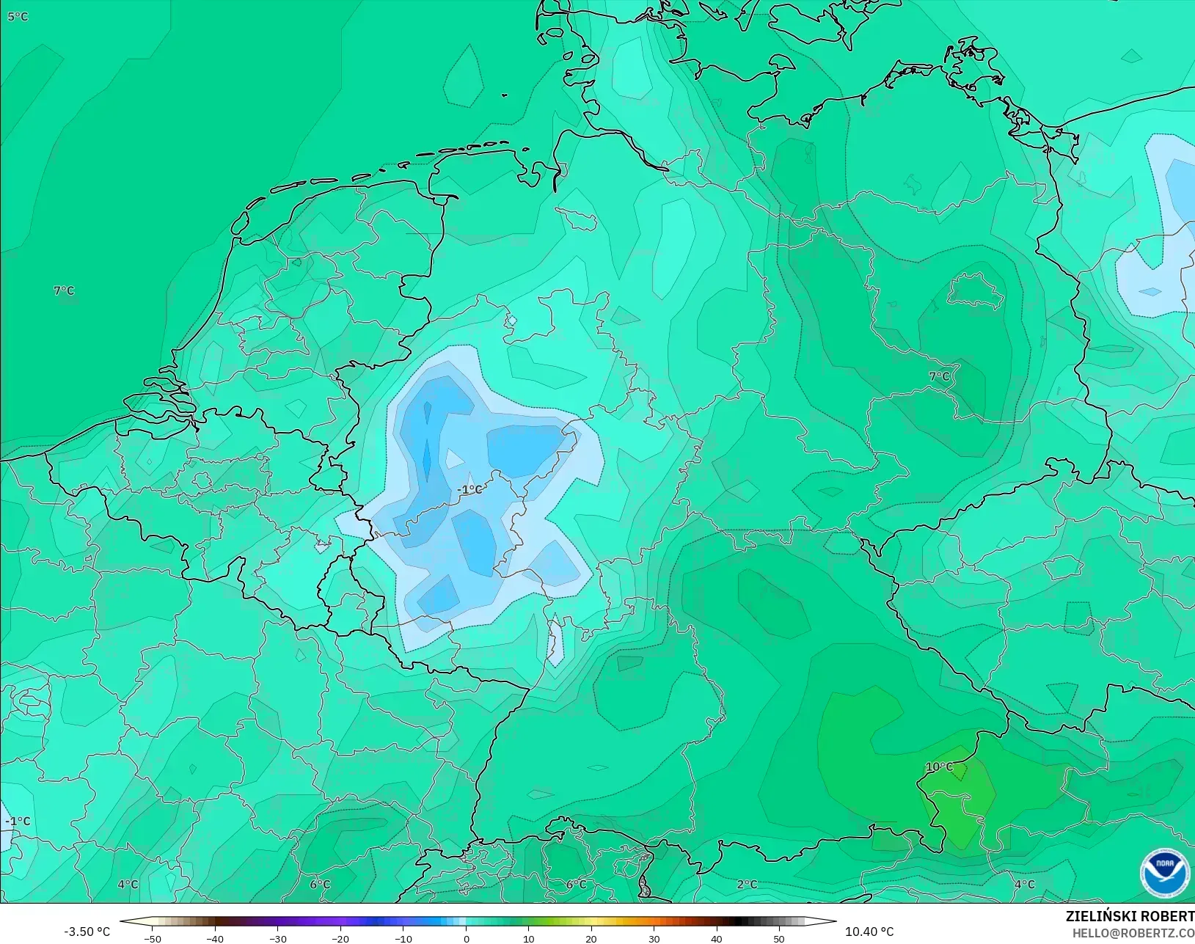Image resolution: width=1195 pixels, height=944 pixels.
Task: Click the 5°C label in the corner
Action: click(18, 16)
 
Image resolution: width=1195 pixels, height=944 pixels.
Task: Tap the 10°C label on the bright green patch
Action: click(939, 766)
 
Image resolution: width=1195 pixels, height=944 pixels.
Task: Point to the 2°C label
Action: click(747, 884)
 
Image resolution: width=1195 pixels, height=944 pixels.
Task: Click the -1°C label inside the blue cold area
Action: click(469, 489)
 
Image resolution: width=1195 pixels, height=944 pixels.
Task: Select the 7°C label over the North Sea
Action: click(64, 290)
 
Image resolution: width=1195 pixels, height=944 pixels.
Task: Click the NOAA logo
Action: click(1164, 872)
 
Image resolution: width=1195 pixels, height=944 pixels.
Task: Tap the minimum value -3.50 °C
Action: click(87, 932)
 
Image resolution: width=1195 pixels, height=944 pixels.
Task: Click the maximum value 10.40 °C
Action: click(869, 932)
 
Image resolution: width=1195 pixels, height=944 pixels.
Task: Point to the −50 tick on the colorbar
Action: click(152, 938)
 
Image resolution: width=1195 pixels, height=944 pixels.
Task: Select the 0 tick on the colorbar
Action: click(466, 938)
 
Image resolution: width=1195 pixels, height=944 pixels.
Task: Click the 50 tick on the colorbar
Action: click(779, 938)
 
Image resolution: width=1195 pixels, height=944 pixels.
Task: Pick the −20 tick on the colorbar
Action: click(340, 938)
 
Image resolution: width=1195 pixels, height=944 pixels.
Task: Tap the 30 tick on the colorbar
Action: click(654, 938)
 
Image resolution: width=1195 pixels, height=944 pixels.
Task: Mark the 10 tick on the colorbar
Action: click(528, 938)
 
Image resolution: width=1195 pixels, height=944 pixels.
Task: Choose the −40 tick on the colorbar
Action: click(215, 938)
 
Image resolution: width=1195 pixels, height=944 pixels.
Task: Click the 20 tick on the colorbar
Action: click(591, 938)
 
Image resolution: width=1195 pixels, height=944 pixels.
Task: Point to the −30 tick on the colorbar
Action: click(277, 938)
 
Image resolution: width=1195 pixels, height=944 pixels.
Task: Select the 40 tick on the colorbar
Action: click(717, 938)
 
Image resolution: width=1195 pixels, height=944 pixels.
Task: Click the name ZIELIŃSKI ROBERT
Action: click(1130, 916)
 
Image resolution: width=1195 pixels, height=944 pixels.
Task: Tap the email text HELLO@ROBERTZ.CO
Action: click(1133, 933)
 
